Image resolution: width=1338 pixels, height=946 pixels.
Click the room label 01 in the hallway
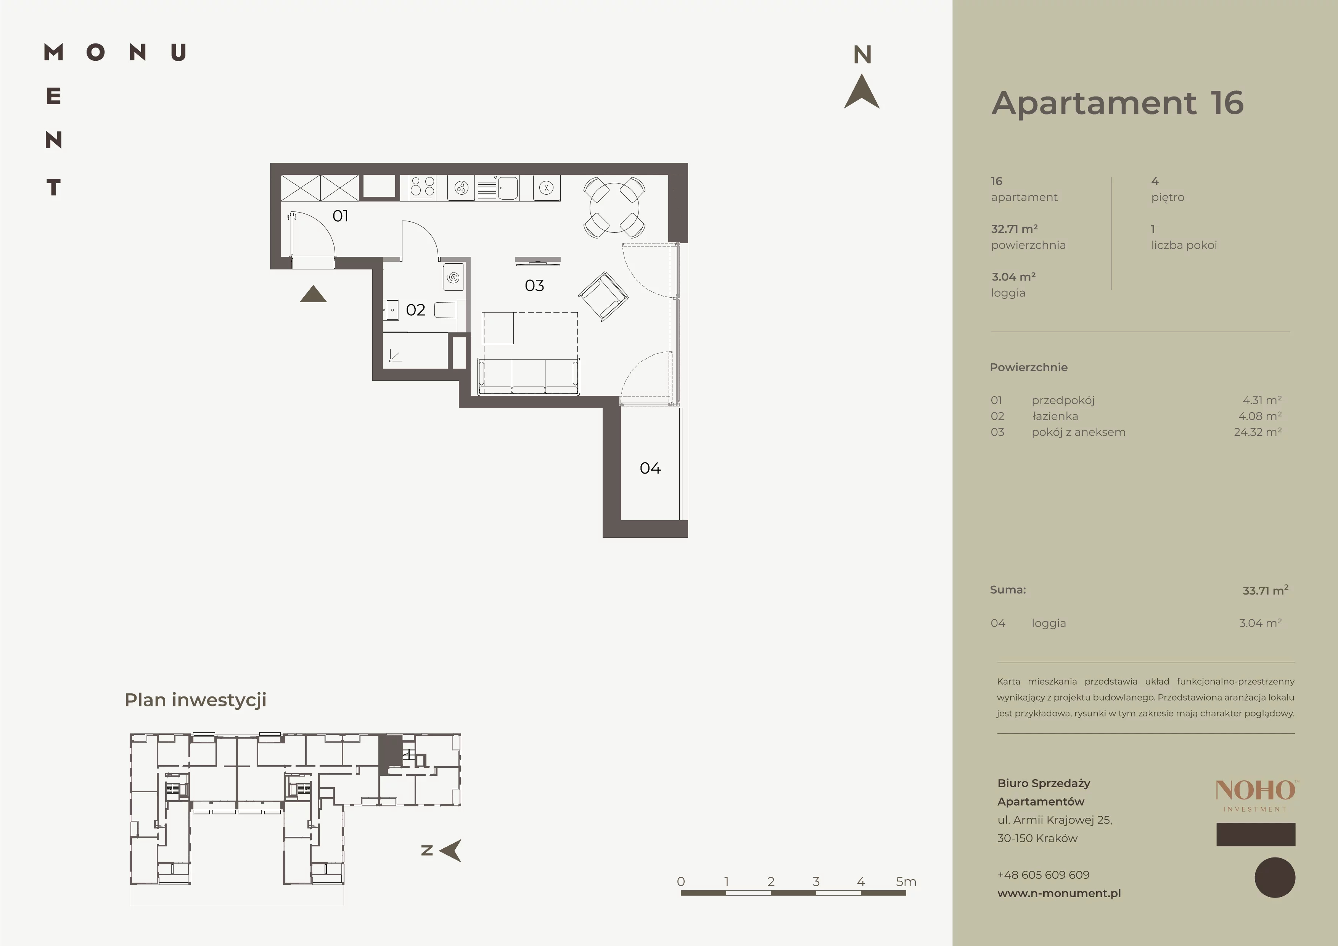pyautogui.click(x=340, y=216)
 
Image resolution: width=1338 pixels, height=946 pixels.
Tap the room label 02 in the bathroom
pyautogui.click(x=415, y=310)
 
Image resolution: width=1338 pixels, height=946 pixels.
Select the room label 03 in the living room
pyautogui.click(x=534, y=285)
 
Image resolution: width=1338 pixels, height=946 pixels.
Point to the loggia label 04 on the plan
pyautogui.click(x=650, y=468)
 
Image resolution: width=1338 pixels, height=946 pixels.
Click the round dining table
pyautogui.click(x=614, y=208)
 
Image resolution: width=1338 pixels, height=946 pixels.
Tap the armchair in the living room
pyautogui.click(x=603, y=296)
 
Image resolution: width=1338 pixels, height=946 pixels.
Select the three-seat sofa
pyautogui.click(x=529, y=377)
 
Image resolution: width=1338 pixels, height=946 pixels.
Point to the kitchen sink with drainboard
pyautogui.click(x=497, y=188)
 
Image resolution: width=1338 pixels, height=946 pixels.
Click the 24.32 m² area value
pyautogui.click(x=1258, y=432)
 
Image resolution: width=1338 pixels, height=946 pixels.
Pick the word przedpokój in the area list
pyautogui.click(x=1063, y=400)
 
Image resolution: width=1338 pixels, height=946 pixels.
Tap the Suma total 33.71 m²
pyautogui.click(x=1265, y=590)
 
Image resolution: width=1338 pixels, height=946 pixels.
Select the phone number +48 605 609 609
pyautogui.click(x=1043, y=875)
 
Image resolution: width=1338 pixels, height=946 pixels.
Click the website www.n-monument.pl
pyautogui.click(x=1059, y=893)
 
